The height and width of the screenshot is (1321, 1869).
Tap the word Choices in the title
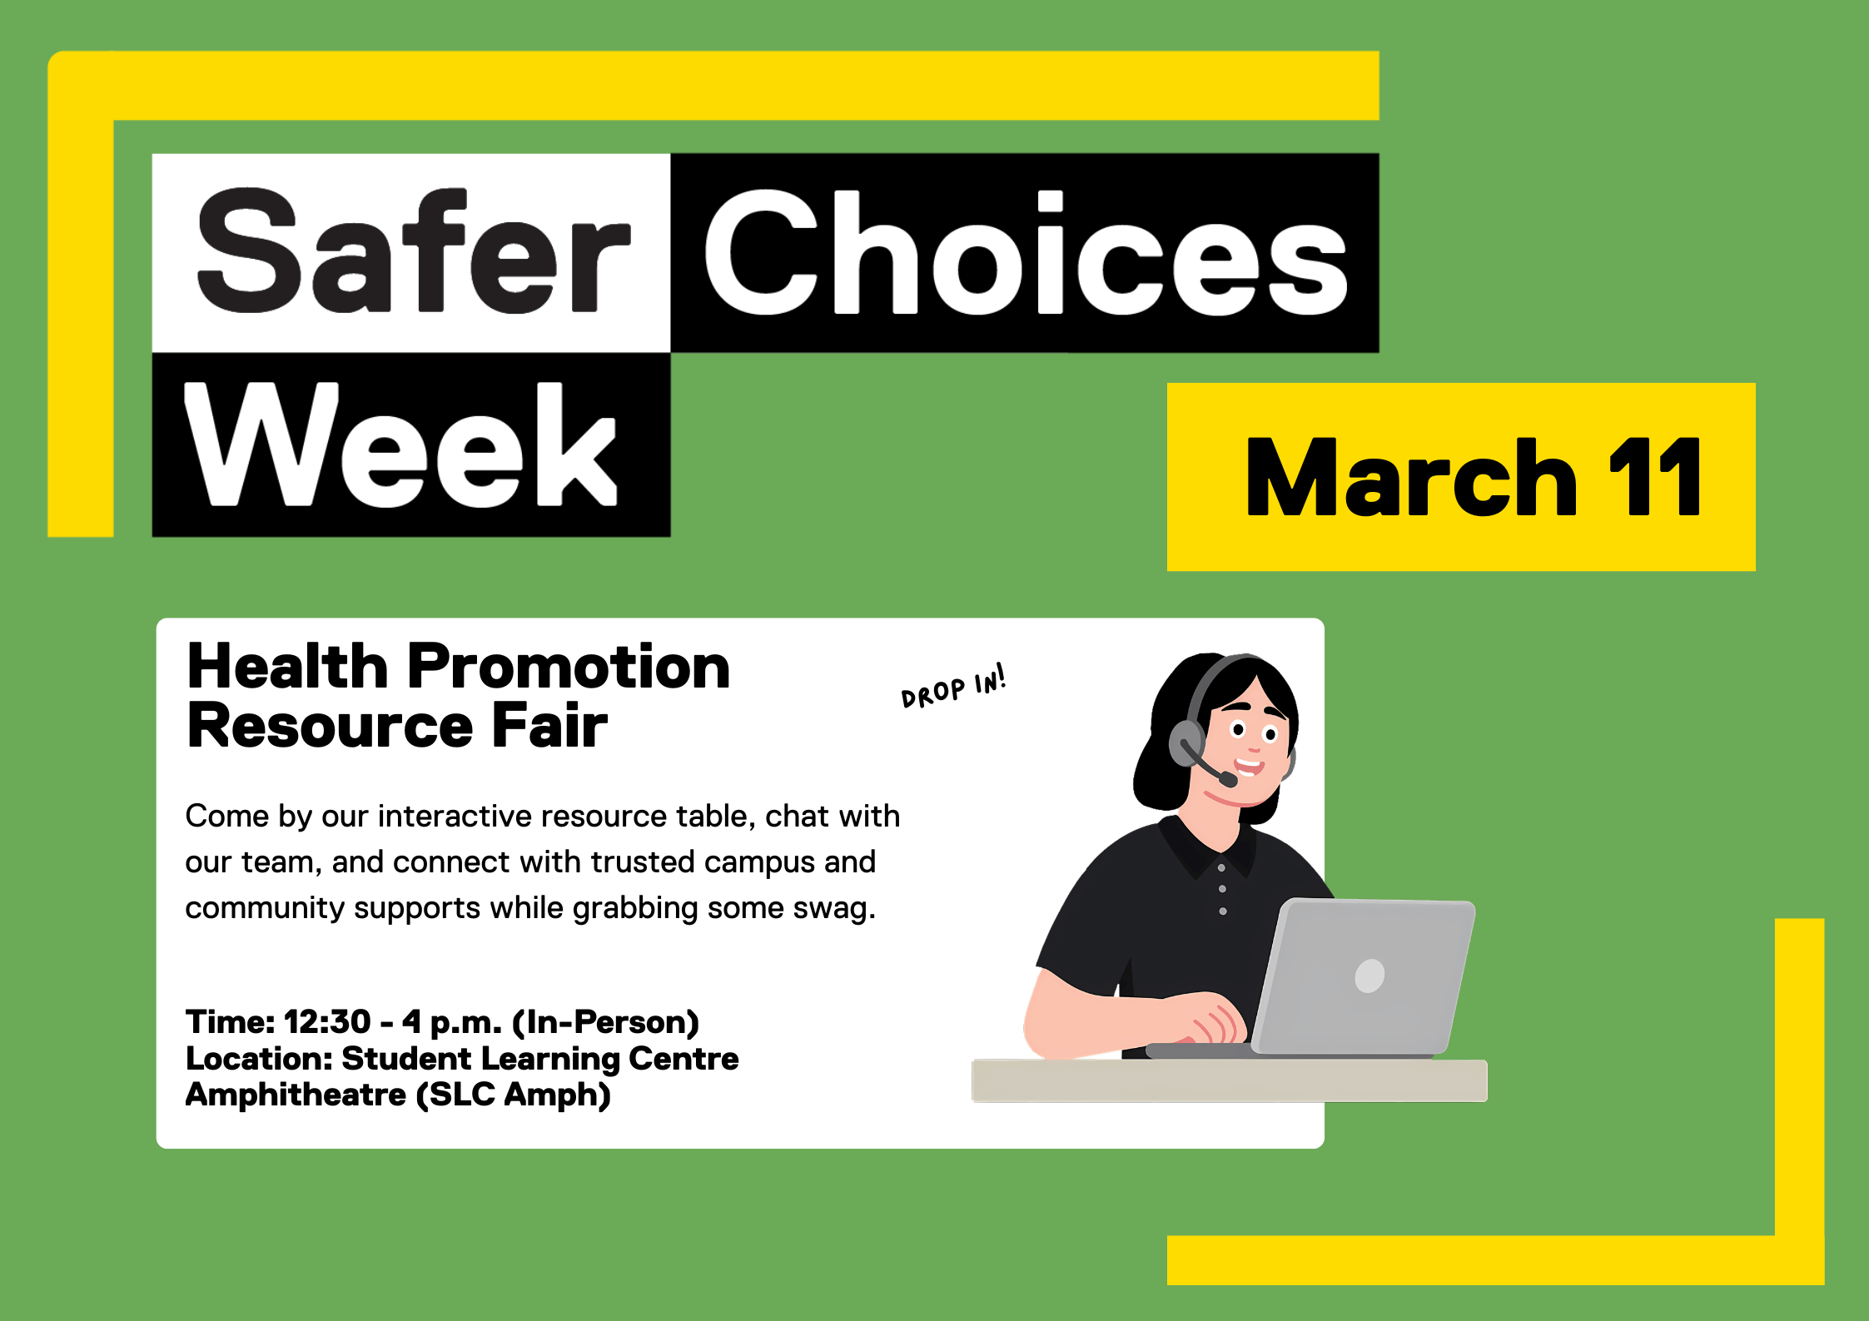tap(1024, 253)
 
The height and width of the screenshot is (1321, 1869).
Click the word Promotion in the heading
tap(568, 667)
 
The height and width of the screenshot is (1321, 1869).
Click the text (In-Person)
tap(605, 1021)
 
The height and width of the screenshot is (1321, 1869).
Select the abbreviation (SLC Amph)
tap(514, 1095)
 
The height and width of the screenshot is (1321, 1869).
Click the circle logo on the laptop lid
tap(1369, 976)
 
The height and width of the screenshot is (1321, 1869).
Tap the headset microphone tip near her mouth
tap(1228, 780)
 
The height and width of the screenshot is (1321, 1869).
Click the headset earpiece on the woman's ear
tap(1186, 742)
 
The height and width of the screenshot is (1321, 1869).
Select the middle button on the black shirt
tap(1222, 889)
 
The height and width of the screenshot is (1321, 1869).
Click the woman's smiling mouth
tap(1248, 764)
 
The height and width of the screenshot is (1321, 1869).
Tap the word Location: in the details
tap(259, 1059)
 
